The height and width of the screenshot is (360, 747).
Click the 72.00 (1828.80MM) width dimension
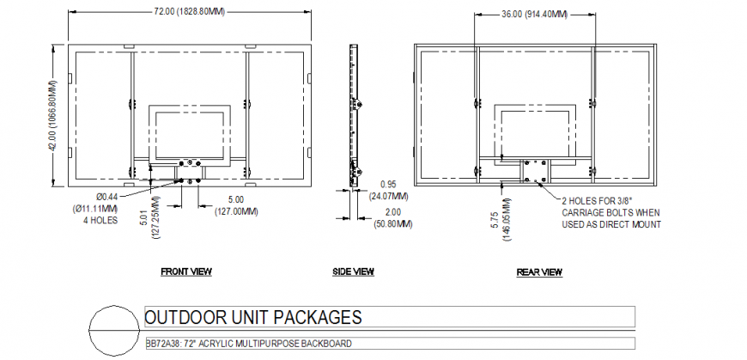[x=190, y=12]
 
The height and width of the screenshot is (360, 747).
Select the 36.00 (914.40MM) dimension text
[x=534, y=14]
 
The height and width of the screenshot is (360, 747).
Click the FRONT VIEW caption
[x=186, y=272]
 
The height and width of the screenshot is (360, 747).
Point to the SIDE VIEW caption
[x=353, y=272]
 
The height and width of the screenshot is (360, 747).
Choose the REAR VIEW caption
[x=539, y=272]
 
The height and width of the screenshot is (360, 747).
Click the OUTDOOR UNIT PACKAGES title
[x=252, y=318]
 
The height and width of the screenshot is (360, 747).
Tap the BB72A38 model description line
[x=248, y=344]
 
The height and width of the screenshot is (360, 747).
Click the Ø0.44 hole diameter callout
[x=106, y=198]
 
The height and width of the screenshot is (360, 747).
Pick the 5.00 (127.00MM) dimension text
[x=233, y=205]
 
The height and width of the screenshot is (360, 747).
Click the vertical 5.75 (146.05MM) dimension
[x=510, y=222]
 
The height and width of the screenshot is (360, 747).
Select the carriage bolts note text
[x=611, y=211]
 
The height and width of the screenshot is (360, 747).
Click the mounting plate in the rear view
[x=534, y=171]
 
